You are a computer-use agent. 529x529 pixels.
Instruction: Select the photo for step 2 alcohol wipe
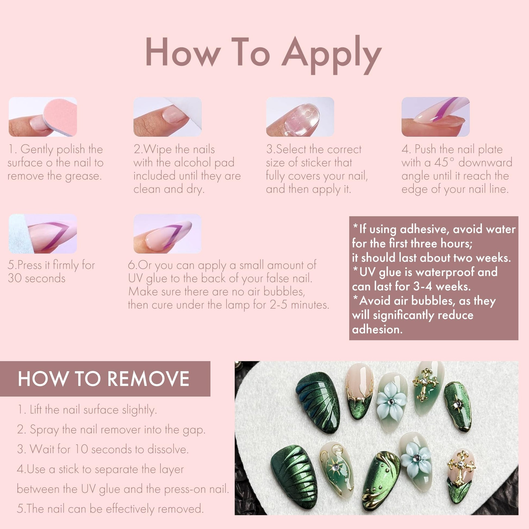point(167,117)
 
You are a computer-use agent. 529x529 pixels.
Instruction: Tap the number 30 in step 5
point(14,278)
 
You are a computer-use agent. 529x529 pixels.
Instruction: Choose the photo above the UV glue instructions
point(167,234)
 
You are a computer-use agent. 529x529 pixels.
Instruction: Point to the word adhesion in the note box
point(377,329)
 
